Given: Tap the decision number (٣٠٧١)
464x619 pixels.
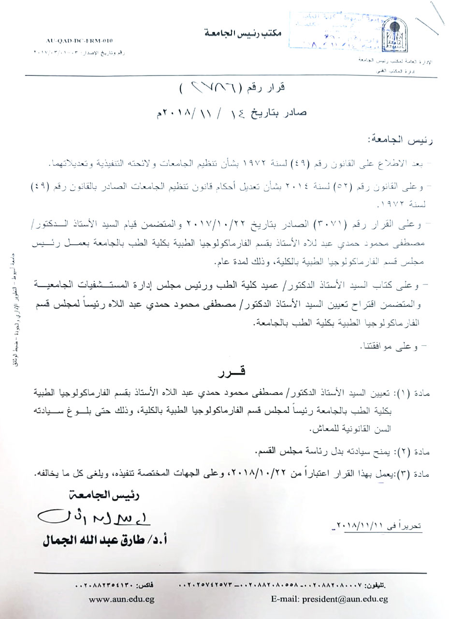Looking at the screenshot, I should (x=327, y=224).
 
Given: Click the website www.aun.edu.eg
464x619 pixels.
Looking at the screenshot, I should (x=115, y=599).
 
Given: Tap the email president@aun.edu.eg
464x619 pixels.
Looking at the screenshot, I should (x=329, y=599).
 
